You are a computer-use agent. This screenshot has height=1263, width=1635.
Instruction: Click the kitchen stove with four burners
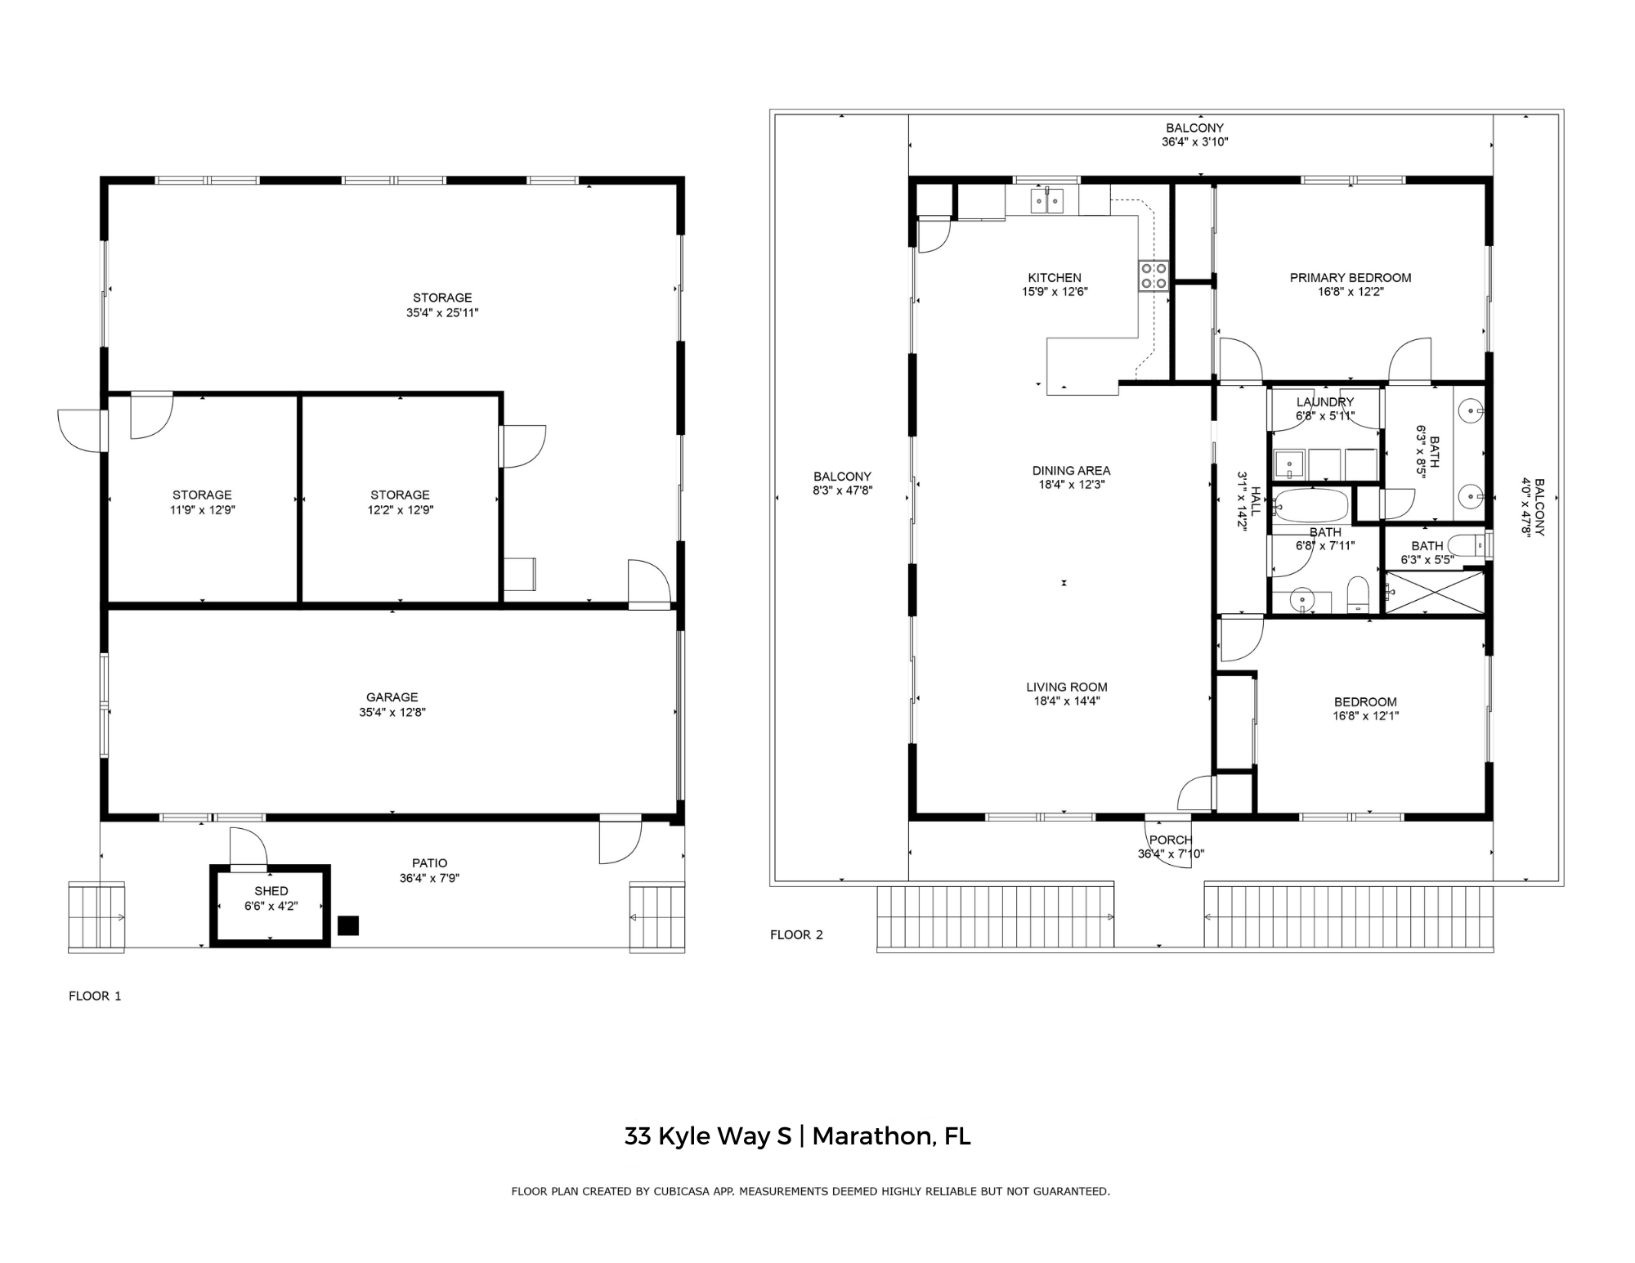pos(1153,275)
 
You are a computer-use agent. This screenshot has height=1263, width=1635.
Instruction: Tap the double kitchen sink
pos(1047,200)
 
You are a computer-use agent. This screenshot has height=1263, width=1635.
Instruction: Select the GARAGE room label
pos(392,697)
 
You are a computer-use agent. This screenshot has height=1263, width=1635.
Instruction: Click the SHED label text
pos(271,891)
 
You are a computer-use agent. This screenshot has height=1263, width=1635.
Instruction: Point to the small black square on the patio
pos(348,925)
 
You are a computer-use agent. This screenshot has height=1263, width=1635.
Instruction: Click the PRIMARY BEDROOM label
pos(1351,278)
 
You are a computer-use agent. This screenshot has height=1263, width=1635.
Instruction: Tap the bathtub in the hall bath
pos(1311,507)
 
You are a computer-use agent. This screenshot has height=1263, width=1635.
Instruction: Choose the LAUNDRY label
pos(1325,402)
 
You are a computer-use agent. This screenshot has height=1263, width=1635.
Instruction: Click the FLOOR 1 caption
pos(95,996)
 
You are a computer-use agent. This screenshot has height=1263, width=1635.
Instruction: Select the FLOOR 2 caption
pos(796,934)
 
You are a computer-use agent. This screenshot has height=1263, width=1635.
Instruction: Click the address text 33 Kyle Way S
pos(708,1136)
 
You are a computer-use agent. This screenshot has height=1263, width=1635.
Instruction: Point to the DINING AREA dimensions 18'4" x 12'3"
pos(1071,485)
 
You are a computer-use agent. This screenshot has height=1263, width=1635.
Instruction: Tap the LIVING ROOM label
pos(1067,687)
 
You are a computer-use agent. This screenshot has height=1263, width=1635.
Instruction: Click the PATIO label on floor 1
pos(430,863)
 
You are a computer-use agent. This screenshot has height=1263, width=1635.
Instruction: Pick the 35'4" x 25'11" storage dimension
pos(442,312)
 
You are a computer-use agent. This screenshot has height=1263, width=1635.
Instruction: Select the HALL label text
pos(1256,501)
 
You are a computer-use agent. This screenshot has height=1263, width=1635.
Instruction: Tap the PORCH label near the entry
pos(1171,840)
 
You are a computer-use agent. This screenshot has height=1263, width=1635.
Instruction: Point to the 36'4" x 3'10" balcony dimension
pos(1195,142)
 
